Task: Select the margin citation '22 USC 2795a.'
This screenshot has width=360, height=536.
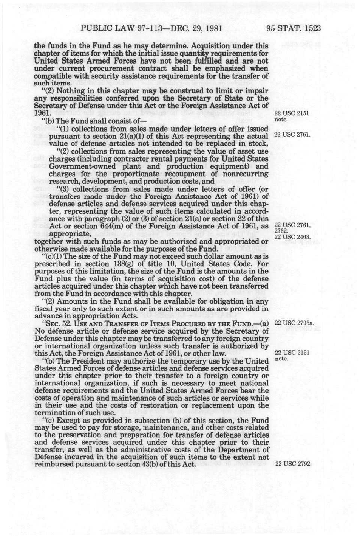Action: (294, 324)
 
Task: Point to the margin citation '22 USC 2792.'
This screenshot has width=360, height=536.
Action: (293, 464)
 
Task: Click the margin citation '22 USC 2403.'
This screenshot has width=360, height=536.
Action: (292, 237)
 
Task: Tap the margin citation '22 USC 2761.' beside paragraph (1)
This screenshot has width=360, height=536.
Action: (292, 134)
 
